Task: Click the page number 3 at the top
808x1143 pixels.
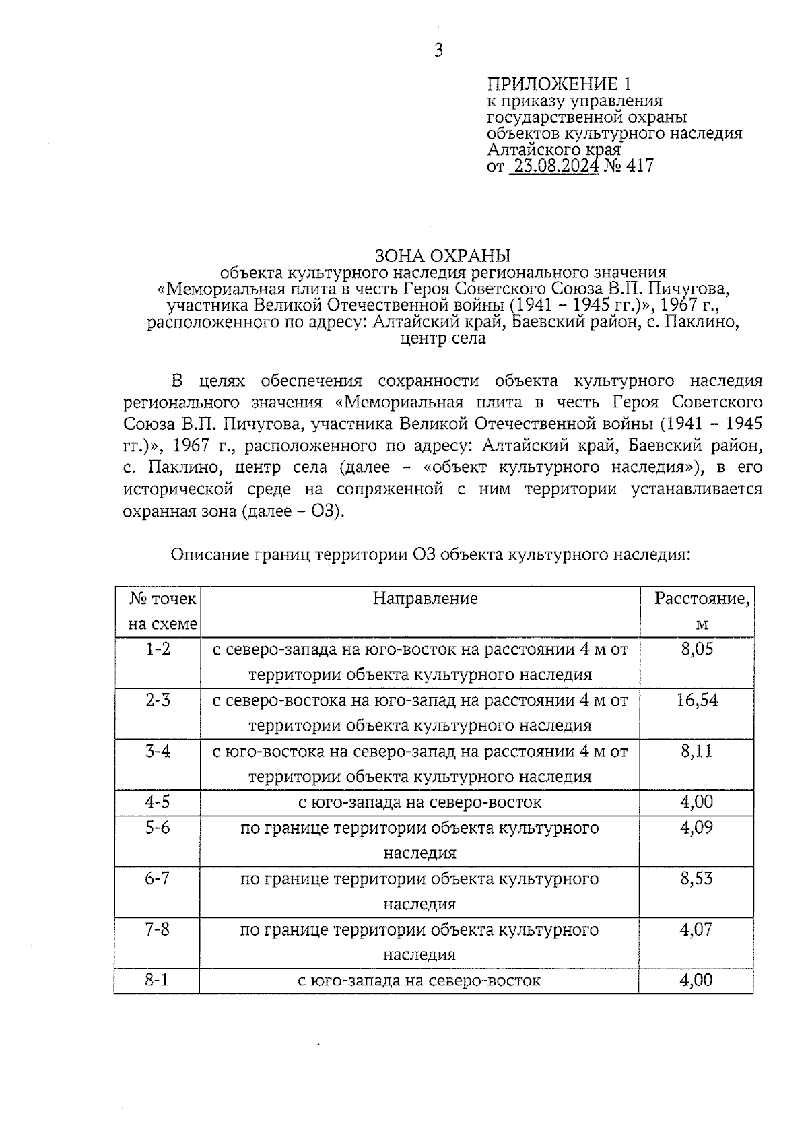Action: [438, 51]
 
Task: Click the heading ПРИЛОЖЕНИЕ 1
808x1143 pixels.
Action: [560, 84]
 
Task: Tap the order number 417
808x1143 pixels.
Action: [639, 166]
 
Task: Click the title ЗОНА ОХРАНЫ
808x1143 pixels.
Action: [442, 256]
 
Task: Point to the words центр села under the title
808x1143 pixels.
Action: [442, 338]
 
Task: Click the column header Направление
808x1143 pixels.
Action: [425, 599]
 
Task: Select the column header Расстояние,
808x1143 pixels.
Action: [702, 599]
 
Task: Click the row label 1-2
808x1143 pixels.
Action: [158, 649]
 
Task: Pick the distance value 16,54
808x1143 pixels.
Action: [697, 700]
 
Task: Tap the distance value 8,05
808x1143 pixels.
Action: [697, 649]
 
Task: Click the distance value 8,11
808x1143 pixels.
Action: [697, 752]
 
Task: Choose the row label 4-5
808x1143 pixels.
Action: [158, 802]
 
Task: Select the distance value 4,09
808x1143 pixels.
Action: [697, 828]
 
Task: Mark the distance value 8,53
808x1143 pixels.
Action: [697, 879]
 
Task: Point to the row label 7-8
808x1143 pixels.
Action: [158, 929]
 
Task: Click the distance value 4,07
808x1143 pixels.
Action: [697, 929]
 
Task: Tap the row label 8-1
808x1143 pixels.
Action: [158, 980]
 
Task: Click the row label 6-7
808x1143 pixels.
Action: [158, 879]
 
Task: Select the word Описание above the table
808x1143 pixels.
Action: [211, 555]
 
